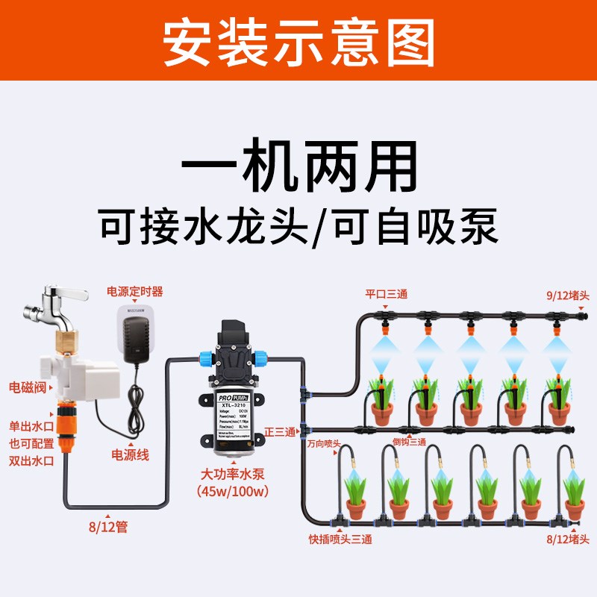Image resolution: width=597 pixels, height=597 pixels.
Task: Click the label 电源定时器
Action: click(135, 291)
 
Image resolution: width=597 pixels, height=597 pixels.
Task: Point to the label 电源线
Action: click(130, 454)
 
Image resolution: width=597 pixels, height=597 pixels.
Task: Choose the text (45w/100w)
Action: click(231, 491)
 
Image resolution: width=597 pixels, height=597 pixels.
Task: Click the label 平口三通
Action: click(386, 294)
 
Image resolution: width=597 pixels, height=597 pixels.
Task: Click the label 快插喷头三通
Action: click(340, 538)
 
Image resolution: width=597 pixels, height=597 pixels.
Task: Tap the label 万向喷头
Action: click(323, 443)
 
